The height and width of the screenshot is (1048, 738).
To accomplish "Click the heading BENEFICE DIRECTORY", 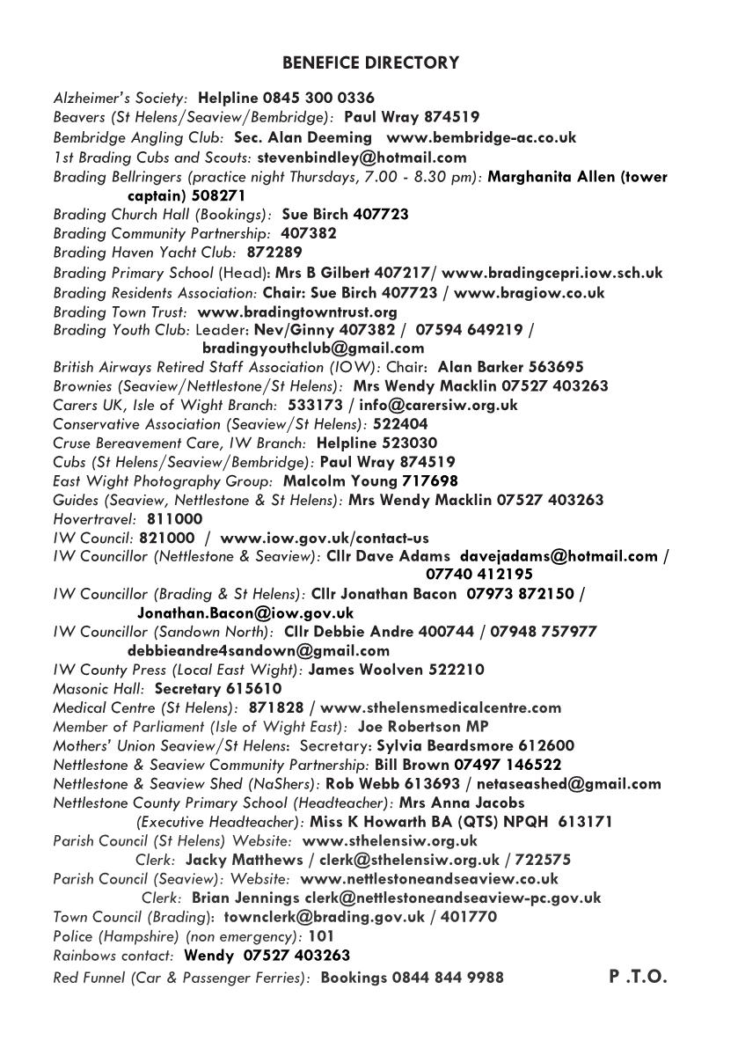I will point(370,63).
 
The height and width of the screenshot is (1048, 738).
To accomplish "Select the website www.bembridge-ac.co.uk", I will point(481,137).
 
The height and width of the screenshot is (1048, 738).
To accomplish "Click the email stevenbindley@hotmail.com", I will point(362,158).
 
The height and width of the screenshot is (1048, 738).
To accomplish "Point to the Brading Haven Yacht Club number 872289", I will point(274,253).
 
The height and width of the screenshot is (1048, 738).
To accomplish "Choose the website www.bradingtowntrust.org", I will point(297,311).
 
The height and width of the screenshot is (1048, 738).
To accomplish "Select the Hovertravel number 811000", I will point(174,519).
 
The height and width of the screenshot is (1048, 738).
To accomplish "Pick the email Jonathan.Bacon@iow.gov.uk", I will point(245,612).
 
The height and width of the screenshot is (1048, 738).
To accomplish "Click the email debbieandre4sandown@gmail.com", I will point(259,651).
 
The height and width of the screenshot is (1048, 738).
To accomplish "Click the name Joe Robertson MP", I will point(423,727).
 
